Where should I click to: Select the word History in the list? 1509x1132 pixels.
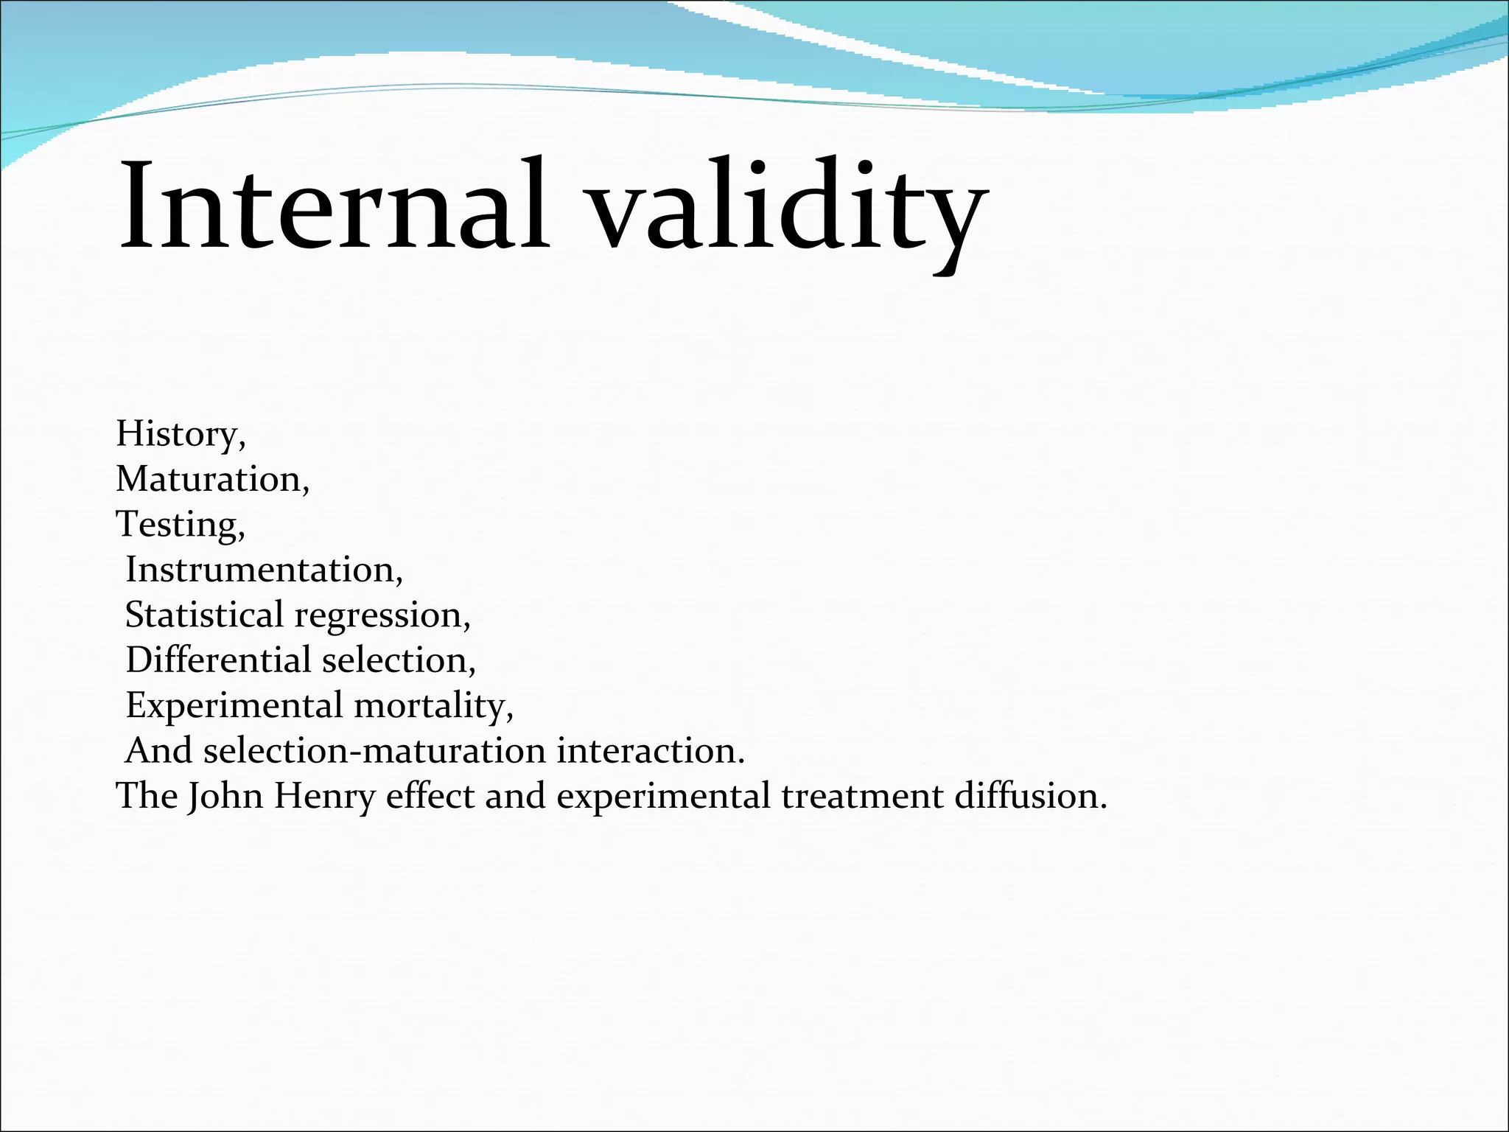177,433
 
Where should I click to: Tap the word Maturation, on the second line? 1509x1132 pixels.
211,479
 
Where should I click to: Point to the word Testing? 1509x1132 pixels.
177,525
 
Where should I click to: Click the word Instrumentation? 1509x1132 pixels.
262,570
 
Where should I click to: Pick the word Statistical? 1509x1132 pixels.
204,615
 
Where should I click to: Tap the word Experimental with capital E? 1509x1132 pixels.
234,705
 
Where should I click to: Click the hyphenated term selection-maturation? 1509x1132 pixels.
374,751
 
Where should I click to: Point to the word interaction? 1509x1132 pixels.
648,751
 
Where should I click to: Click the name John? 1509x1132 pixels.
225,796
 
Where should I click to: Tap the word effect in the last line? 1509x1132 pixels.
430,796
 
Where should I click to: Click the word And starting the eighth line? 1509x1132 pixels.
158,751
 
